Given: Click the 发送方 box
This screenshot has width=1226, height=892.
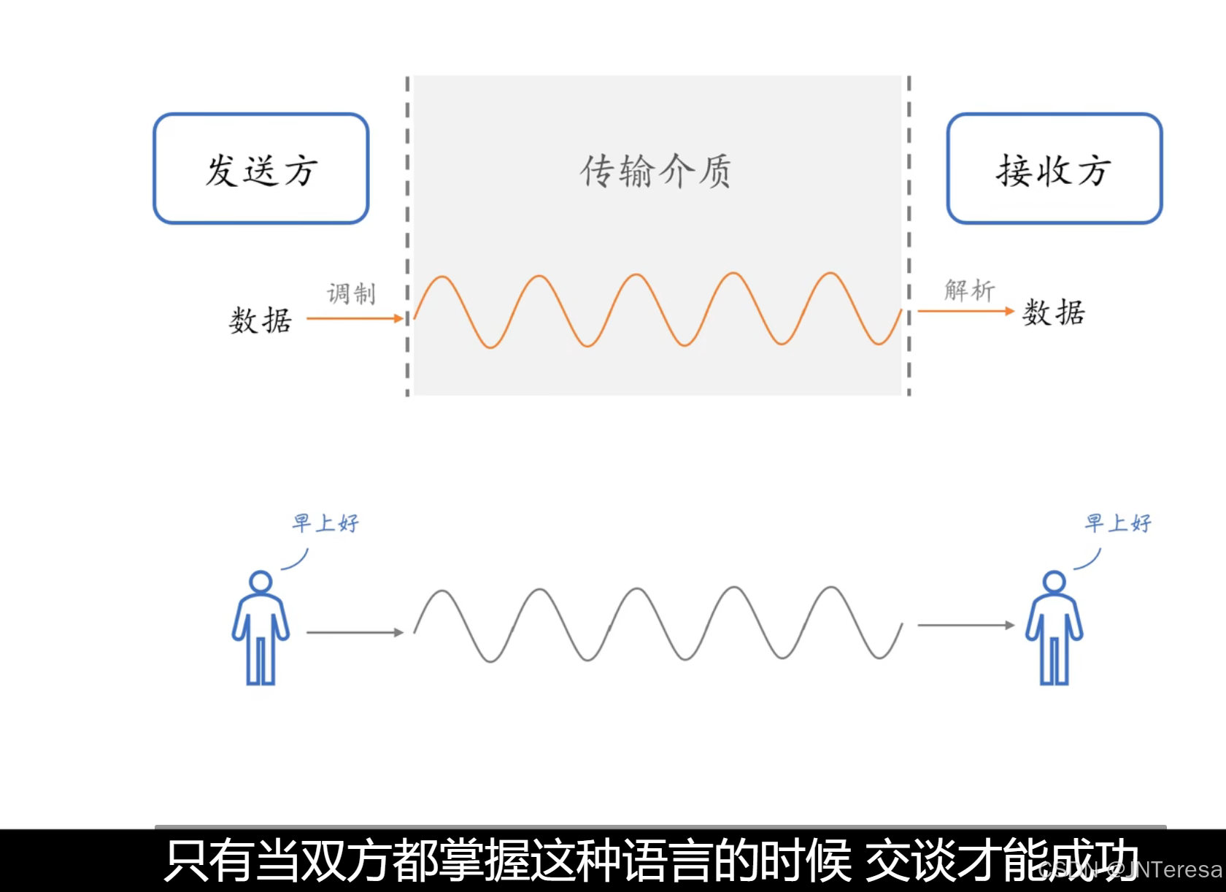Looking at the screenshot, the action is (261, 169).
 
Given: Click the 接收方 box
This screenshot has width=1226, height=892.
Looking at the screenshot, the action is (1054, 169).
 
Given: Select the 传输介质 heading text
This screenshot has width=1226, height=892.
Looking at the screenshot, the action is (655, 172).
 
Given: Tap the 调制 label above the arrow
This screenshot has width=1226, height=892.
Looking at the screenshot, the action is (351, 293).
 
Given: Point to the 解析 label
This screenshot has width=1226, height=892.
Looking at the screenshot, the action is (969, 290).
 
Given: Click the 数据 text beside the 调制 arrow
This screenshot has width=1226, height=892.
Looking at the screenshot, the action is (261, 320).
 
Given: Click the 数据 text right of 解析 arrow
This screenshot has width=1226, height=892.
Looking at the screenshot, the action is (1054, 312).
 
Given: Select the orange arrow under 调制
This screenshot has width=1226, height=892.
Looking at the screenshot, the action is (355, 318).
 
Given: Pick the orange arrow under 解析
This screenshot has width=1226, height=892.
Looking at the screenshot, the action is (965, 311).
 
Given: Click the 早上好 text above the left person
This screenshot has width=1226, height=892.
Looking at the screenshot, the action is (325, 523).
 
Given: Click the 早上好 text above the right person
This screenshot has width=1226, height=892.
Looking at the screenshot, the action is (1118, 523).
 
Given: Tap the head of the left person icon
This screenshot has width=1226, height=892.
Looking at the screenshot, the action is (261, 582).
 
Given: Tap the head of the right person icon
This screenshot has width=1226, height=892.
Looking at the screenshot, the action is (1054, 582).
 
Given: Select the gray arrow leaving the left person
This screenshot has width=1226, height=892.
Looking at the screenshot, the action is (355, 632).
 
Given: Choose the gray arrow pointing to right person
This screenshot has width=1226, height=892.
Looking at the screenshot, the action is (965, 625).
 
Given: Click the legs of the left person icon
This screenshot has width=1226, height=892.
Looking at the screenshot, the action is (261, 661).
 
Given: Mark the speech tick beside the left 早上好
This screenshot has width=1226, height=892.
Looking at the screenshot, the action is (296, 561).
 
